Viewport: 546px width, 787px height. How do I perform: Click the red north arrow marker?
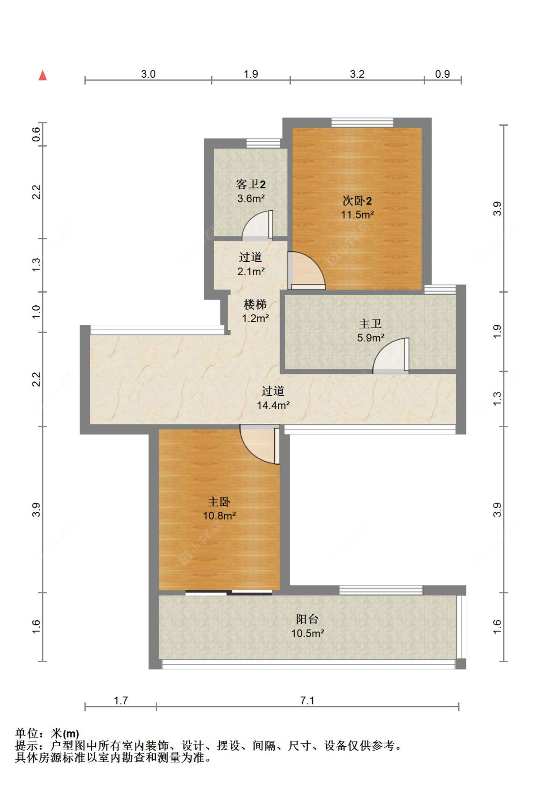point(43,75)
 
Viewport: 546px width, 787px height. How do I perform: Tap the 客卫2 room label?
point(250,184)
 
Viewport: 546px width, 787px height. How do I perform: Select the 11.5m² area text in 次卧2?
point(357,215)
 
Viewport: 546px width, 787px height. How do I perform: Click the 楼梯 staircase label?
point(255,304)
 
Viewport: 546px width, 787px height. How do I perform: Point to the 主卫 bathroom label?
point(370,324)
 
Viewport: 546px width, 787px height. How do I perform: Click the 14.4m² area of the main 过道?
point(273,405)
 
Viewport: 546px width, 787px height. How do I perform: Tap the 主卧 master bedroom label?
point(219,502)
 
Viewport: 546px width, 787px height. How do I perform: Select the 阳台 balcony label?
point(307,619)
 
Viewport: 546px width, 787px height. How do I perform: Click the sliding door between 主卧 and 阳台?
point(229,592)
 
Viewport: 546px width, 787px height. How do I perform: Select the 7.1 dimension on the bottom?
point(307,701)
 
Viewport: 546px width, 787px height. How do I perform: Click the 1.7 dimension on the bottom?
point(120,701)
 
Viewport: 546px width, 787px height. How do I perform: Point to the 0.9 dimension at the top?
point(442,74)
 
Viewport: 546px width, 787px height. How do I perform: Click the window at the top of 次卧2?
point(362,122)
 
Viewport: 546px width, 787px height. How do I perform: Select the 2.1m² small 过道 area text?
point(251,272)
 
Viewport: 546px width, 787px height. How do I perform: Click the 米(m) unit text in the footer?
point(65,734)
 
